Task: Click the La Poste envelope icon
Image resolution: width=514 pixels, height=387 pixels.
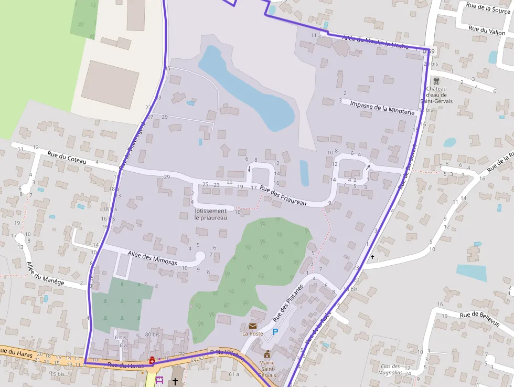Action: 253,326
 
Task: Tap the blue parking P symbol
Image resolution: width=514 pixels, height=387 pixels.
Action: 275,332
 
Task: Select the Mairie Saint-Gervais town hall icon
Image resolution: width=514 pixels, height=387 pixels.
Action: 267,353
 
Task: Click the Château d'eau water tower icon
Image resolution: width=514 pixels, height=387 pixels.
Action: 436,81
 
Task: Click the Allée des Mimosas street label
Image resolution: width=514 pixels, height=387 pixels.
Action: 152,258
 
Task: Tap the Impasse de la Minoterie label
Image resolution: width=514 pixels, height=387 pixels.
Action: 382,108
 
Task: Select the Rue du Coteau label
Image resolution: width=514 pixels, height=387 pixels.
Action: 66,158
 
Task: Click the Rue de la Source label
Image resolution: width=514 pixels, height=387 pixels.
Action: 488,9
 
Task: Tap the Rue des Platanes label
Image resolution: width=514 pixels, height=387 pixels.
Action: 288,304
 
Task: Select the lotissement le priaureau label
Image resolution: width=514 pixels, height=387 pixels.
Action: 210,214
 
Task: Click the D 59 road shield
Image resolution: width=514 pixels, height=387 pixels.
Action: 428,51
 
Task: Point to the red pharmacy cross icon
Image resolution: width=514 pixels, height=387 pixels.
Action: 152,360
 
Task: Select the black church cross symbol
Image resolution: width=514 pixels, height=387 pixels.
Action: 175,382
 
